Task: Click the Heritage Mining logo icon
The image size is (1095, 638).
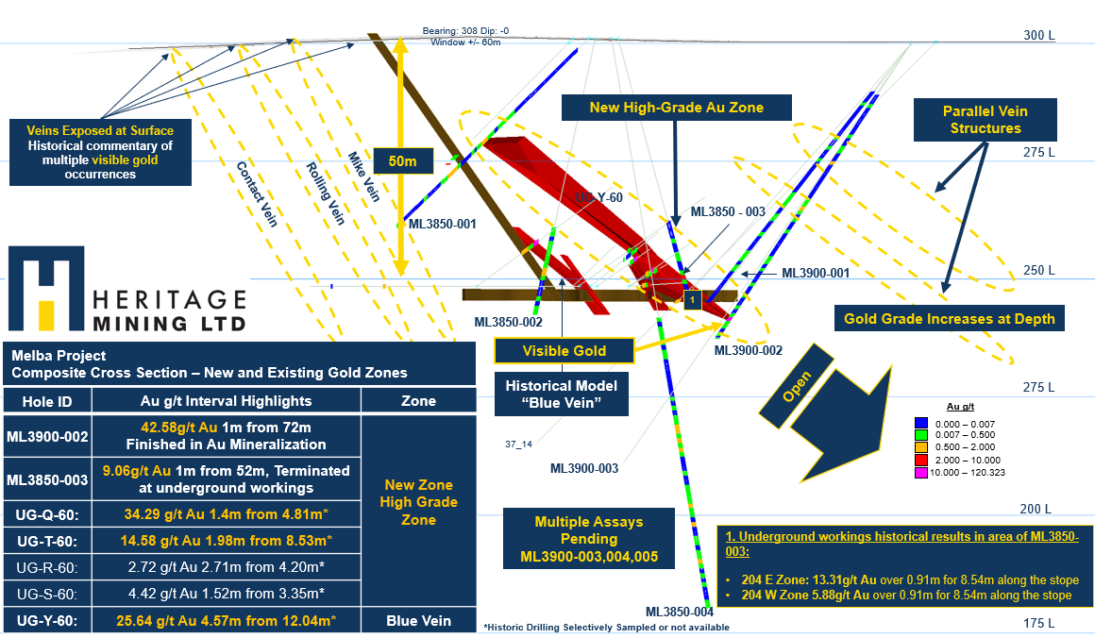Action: click(x=45, y=289)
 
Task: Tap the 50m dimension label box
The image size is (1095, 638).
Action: click(x=403, y=161)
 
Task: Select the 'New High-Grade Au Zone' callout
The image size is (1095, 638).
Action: click(x=676, y=108)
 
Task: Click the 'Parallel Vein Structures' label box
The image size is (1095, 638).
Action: click(x=985, y=120)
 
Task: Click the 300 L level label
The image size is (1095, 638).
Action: click(x=1037, y=35)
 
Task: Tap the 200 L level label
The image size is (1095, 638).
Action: click(x=1037, y=508)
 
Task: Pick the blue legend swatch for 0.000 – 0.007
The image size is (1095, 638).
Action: click(x=922, y=423)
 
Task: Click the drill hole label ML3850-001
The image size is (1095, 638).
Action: click(x=442, y=225)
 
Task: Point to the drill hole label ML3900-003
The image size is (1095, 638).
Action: click(x=584, y=468)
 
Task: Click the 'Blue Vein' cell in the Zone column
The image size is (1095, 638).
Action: click(x=417, y=621)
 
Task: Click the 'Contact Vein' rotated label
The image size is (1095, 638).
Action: click(x=256, y=193)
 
